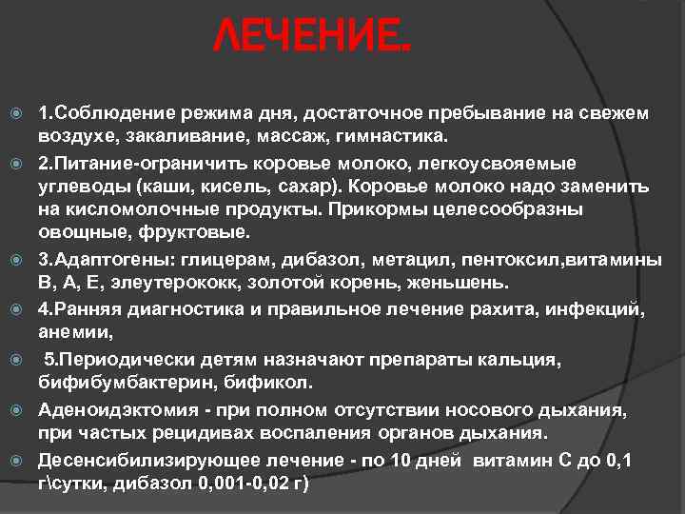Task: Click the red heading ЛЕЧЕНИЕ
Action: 313,39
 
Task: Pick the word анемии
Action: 74,333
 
